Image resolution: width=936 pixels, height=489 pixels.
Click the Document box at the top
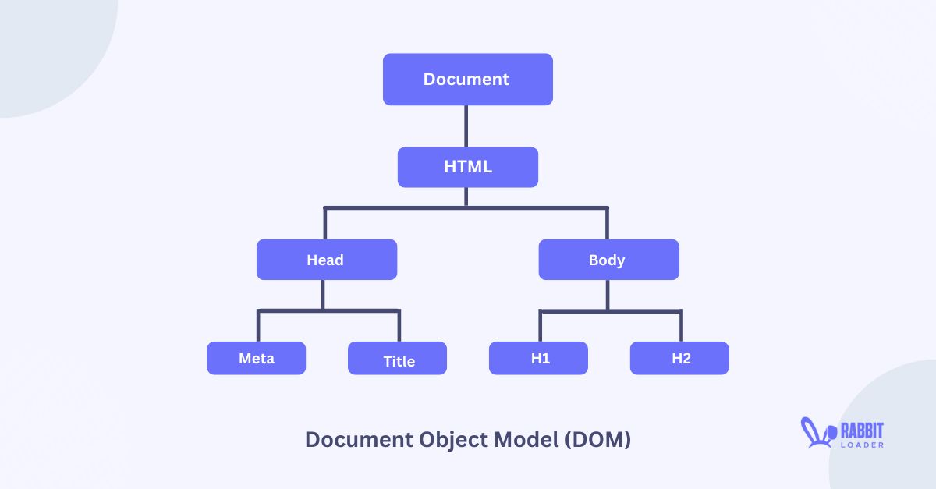467,80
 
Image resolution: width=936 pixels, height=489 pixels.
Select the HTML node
467,167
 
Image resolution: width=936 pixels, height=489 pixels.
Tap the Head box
326,260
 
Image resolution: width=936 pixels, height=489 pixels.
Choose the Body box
608,260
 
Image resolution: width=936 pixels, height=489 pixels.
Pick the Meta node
256,359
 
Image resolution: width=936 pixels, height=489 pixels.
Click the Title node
398,360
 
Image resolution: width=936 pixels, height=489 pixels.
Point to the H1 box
539,359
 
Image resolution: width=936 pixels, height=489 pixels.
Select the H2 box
680,359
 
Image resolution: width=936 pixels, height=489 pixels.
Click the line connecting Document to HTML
466,126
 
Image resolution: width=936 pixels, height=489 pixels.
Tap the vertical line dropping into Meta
259,327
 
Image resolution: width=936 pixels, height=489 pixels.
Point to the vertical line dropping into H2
681,327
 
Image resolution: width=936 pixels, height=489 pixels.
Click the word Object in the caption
450,440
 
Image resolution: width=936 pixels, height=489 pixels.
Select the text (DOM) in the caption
596,440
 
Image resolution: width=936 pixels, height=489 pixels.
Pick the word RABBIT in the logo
862,429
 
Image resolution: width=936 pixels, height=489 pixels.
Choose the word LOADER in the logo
862,444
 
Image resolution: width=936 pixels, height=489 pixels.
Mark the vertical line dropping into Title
399,327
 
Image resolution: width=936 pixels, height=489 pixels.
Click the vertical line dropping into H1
540,327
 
